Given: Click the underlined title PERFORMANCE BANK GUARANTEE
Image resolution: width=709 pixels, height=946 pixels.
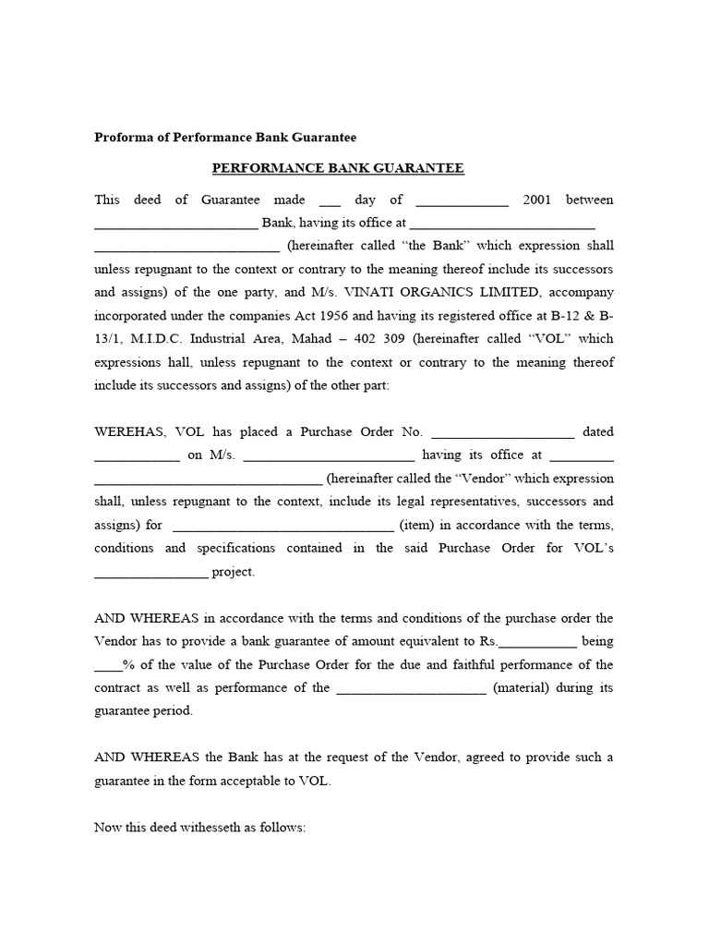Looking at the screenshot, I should tap(338, 168).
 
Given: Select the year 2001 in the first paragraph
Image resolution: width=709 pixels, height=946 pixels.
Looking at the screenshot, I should tap(537, 200).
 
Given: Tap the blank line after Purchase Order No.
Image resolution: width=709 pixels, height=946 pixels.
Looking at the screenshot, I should tap(503, 432).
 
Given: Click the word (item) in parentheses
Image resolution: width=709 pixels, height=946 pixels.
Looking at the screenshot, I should tap(412, 525).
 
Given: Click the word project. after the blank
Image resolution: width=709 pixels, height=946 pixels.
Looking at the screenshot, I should tap(234, 572).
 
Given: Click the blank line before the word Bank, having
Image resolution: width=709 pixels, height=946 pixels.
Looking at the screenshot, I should tap(175, 224).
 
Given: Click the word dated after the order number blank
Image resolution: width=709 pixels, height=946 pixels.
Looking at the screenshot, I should tap(598, 431).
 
